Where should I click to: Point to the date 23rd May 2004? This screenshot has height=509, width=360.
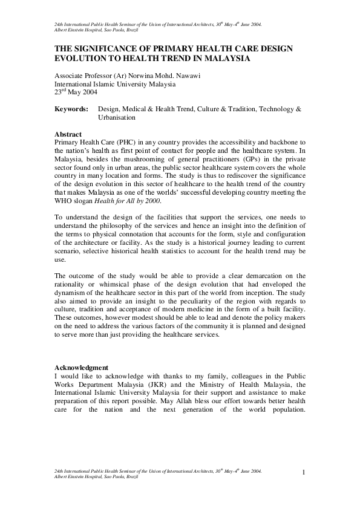click(x=76, y=93)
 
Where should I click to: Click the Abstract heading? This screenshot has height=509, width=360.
click(x=68, y=134)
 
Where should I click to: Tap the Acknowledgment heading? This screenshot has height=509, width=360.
click(x=81, y=367)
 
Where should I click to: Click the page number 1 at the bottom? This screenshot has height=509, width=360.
click(x=303, y=472)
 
